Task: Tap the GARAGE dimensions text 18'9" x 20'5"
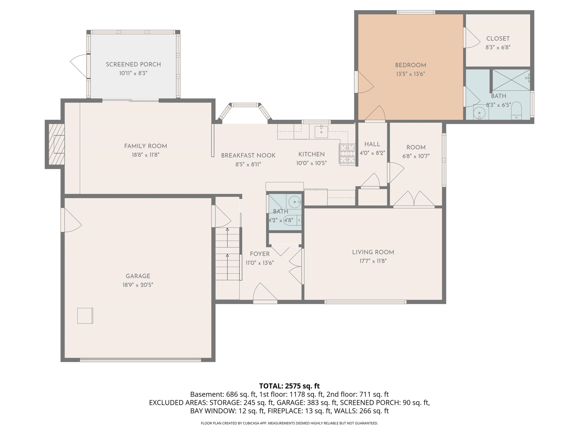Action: (x=138, y=285)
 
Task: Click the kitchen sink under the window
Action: (x=321, y=131)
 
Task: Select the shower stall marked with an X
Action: (x=511, y=80)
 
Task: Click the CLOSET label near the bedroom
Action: (x=498, y=38)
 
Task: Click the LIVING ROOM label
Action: (x=373, y=252)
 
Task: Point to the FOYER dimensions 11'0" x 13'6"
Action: (x=260, y=263)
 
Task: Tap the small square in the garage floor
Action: (x=85, y=316)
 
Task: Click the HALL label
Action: (x=372, y=144)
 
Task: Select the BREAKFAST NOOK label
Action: (x=248, y=155)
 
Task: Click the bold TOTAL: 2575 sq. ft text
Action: (x=289, y=386)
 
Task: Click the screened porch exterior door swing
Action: (x=79, y=66)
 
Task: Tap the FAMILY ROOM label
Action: (x=146, y=146)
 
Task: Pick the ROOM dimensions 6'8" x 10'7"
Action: (x=416, y=156)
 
